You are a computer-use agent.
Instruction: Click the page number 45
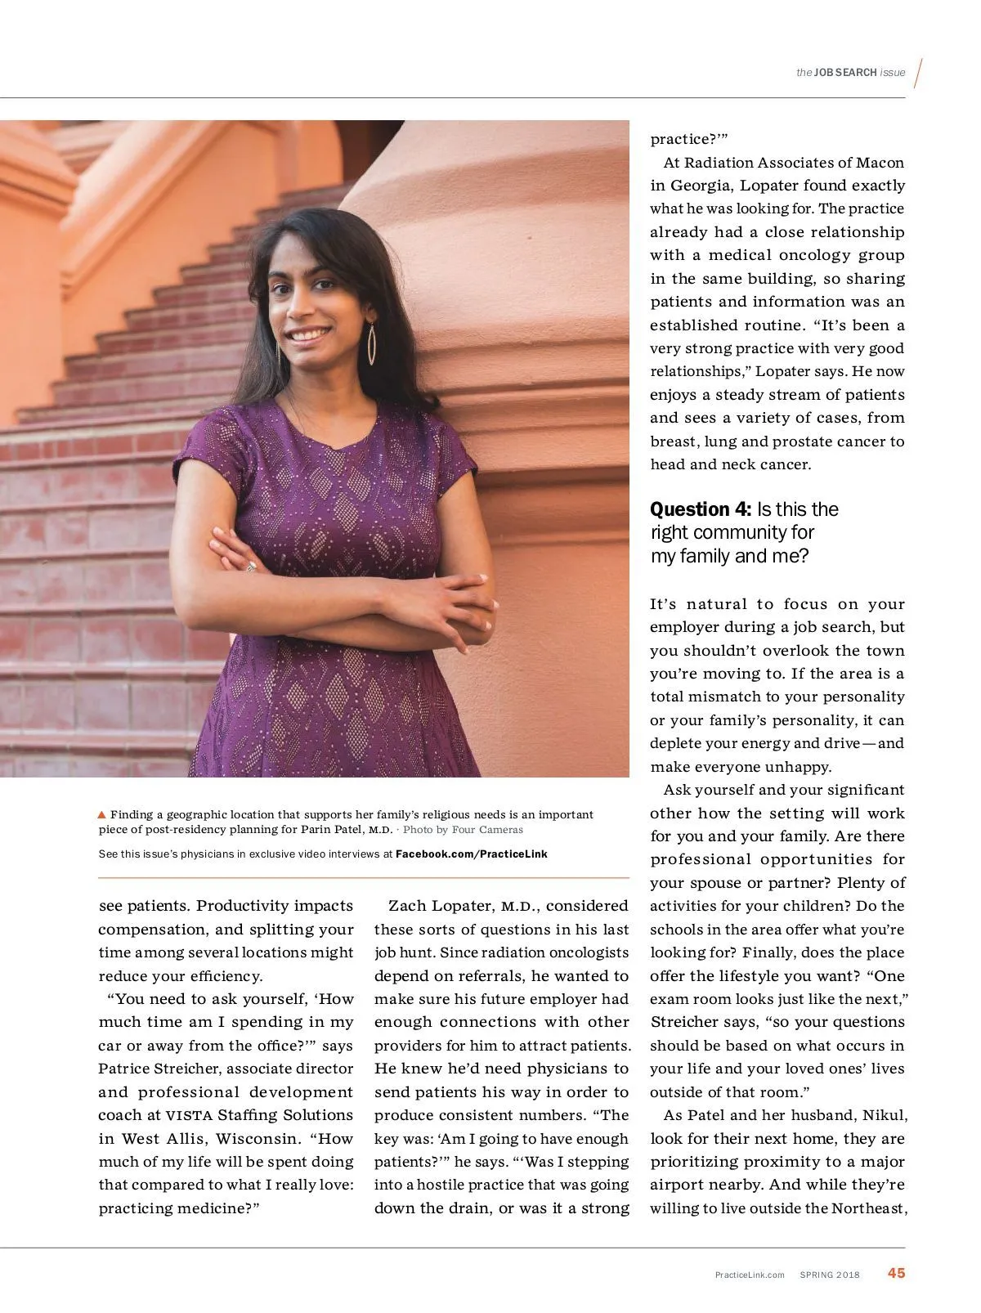(896, 1273)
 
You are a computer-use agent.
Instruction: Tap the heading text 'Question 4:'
(701, 509)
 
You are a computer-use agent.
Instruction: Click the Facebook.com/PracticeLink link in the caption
(472, 854)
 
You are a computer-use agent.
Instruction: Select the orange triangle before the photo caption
(102, 814)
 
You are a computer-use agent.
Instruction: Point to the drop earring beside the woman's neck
(372, 343)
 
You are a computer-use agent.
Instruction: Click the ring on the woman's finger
(251, 566)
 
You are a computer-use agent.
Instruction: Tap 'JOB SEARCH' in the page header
(845, 73)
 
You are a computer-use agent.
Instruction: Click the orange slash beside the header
(919, 74)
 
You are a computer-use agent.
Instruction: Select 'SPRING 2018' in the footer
(830, 1275)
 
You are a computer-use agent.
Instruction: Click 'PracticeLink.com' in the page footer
(750, 1275)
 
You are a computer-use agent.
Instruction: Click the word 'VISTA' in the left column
(189, 1115)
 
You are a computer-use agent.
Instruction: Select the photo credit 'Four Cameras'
(487, 830)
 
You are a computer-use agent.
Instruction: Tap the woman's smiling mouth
(310, 335)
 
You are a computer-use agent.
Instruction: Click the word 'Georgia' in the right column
(701, 186)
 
